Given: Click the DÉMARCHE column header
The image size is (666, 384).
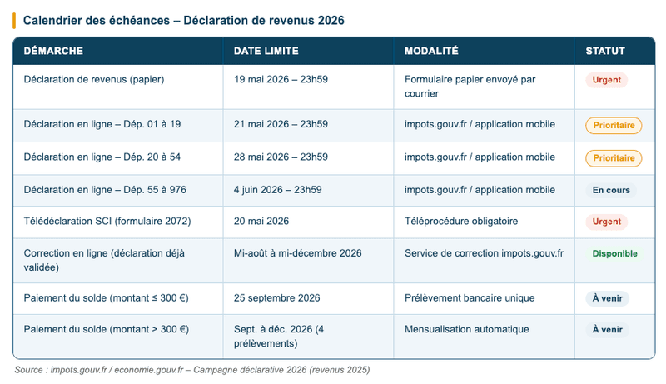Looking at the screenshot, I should [x=53, y=51].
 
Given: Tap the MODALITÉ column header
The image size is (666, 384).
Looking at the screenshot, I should [x=431, y=51].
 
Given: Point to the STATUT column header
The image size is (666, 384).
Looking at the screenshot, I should [x=605, y=51].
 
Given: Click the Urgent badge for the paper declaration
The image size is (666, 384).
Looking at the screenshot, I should [x=606, y=81].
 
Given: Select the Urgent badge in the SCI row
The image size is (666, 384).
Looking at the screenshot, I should [x=606, y=222].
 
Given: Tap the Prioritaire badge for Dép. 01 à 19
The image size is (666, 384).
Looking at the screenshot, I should [x=614, y=126].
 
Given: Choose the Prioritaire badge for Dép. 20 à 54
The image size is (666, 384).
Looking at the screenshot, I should [x=614, y=158].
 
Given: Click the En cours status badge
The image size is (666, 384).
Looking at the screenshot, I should [x=611, y=190].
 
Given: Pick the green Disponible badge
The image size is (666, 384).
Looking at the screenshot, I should [x=614, y=253].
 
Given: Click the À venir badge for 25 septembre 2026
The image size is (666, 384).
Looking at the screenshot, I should [x=608, y=298].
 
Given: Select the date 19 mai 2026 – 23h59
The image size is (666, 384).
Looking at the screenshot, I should [x=281, y=80].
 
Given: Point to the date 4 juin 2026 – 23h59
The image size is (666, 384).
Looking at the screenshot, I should [x=278, y=190].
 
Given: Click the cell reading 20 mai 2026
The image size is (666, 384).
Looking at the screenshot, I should [x=261, y=222].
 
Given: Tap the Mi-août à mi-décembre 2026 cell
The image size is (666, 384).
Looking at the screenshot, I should [x=298, y=253].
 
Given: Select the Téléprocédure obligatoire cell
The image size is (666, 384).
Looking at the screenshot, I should [x=460, y=222].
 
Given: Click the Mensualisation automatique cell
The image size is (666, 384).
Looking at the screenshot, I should [x=466, y=329].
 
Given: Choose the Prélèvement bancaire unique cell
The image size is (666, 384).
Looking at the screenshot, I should [x=470, y=297].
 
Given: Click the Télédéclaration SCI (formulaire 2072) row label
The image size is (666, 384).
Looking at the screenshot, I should [x=107, y=222].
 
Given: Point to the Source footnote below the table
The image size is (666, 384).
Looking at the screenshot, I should [x=191, y=369].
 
